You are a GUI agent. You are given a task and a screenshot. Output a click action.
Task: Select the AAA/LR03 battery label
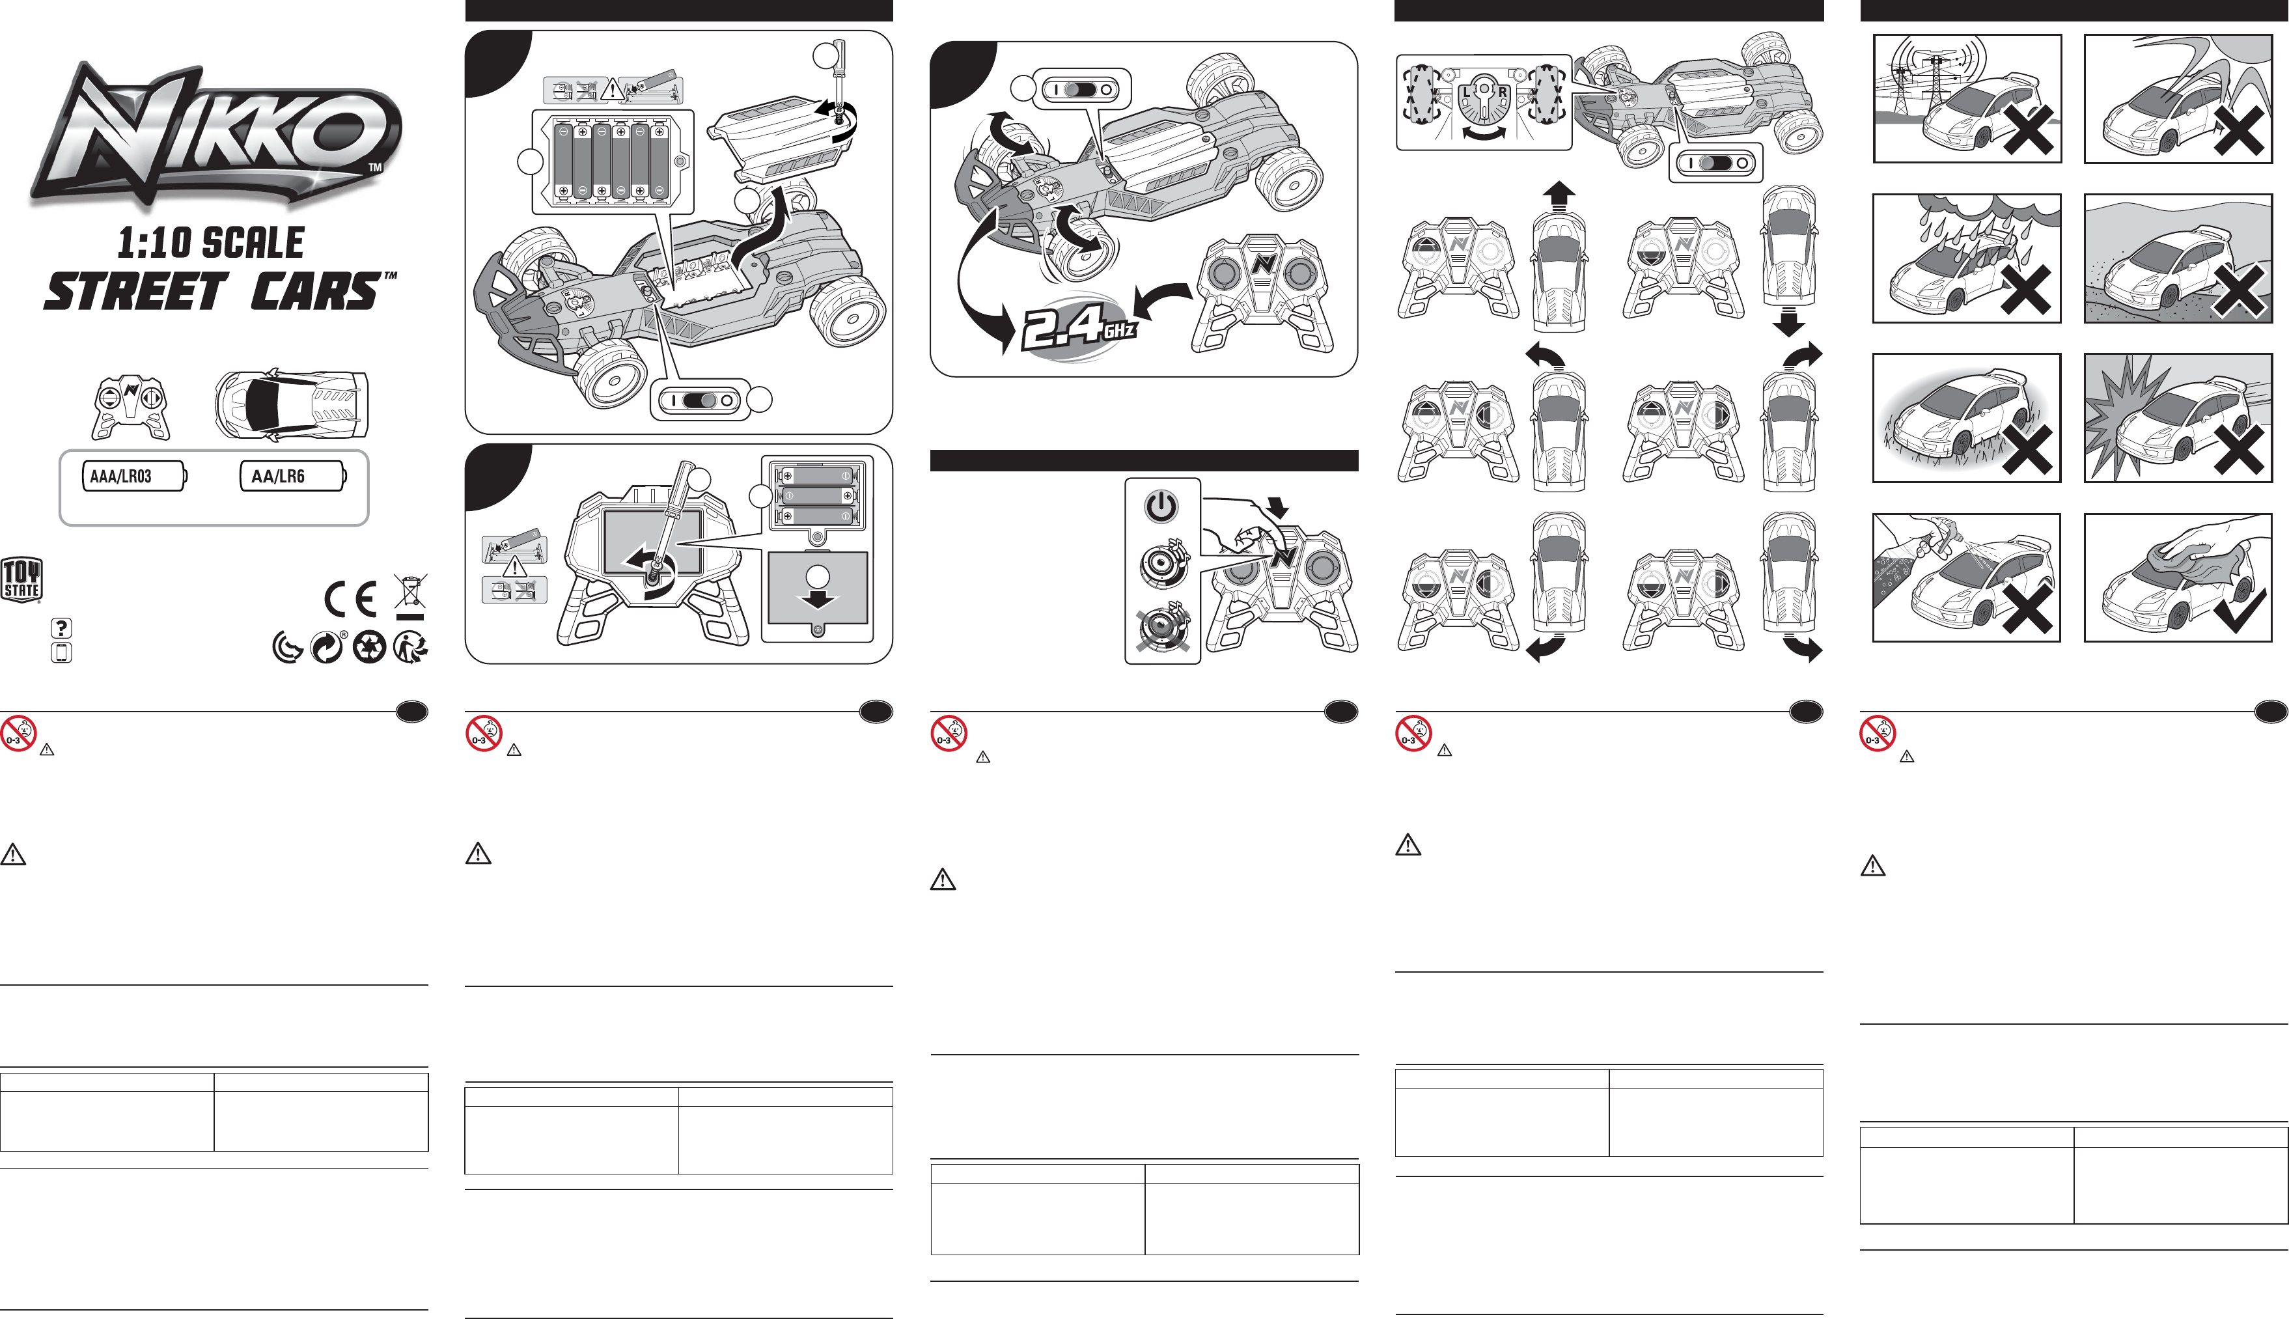coord(134,477)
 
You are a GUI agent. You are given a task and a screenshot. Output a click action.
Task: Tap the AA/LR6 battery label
coord(292,477)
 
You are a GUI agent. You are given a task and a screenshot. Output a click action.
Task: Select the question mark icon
coord(62,628)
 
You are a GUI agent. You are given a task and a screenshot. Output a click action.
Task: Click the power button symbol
coord(1161,507)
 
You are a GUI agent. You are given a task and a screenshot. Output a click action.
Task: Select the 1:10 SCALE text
coord(211,242)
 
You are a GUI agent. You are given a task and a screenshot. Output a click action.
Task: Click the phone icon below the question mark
coord(62,652)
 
